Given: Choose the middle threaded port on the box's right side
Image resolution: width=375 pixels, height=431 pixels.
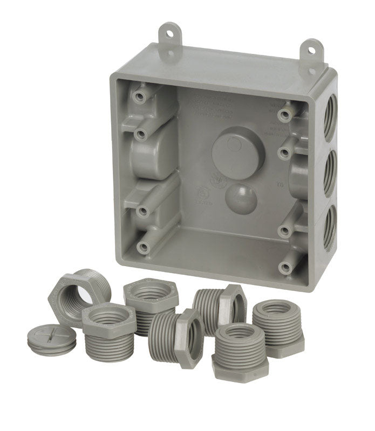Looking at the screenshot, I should point(329,174).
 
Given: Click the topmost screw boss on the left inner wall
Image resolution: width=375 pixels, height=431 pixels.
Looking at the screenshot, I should point(140,96).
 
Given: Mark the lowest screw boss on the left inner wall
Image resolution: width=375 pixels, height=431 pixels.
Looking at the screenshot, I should point(143,247).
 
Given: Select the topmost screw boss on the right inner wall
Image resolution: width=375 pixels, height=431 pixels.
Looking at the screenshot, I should point(284,115).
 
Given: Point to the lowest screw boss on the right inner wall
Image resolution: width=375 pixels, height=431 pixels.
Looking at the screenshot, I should point(284,266).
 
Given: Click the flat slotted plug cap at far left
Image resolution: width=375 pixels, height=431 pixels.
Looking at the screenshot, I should point(51,339).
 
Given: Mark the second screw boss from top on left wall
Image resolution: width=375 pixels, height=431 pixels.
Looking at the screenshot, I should point(141,133).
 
